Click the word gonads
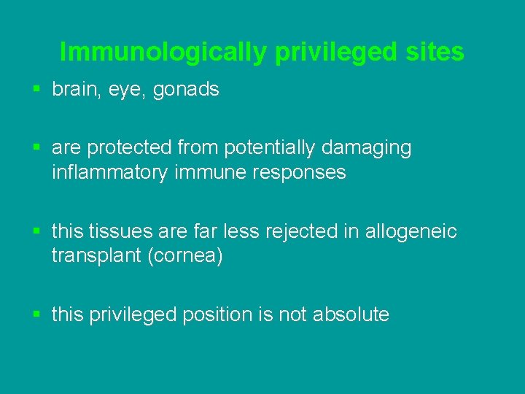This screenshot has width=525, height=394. [186, 90]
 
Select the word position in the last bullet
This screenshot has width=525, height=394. [216, 314]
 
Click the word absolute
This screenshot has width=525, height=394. [351, 314]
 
